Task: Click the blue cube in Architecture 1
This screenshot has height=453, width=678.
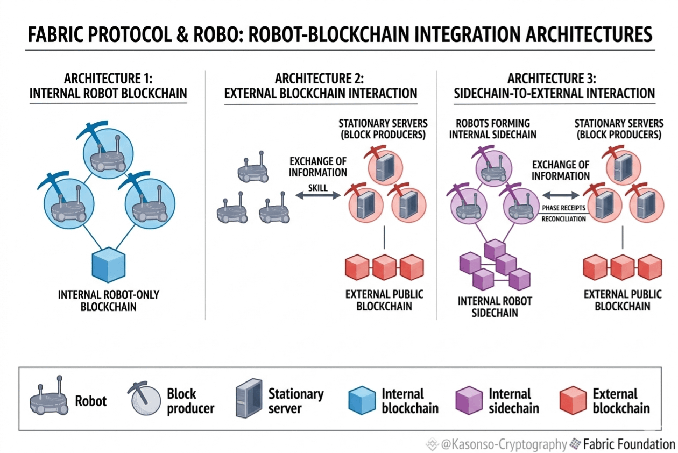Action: (x=109, y=265)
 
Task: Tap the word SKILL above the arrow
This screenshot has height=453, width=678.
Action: (x=318, y=188)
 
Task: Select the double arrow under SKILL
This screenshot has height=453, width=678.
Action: (x=318, y=195)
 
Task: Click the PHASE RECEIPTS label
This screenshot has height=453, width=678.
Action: (x=563, y=208)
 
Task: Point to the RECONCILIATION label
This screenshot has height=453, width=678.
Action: (x=563, y=219)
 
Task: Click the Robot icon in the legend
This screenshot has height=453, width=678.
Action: (x=49, y=396)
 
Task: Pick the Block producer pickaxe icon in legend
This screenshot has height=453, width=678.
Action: (x=144, y=398)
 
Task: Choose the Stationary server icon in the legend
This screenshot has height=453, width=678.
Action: (x=249, y=398)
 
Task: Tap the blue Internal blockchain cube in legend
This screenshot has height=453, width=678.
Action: (x=362, y=400)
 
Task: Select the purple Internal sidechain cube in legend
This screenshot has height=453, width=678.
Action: (x=469, y=400)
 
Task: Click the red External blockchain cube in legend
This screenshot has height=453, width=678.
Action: (x=573, y=400)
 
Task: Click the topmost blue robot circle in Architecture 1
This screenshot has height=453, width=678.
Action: (x=108, y=154)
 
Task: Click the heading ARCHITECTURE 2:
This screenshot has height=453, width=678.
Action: (x=319, y=79)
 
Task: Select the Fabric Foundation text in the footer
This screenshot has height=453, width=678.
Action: (x=629, y=444)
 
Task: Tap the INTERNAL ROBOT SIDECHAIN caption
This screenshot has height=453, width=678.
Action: (x=495, y=307)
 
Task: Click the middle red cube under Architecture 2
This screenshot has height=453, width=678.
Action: (x=384, y=267)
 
